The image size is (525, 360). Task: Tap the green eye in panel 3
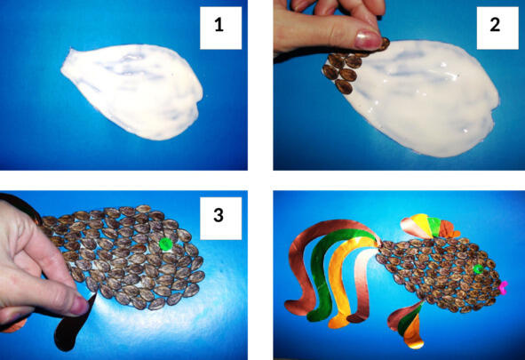tap(164, 244)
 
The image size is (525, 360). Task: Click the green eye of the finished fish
tap(478, 269)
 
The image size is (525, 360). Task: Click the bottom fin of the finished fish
tap(407, 324)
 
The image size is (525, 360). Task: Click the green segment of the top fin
tap(434, 227)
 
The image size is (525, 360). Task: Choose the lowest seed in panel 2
tap(344, 87)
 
